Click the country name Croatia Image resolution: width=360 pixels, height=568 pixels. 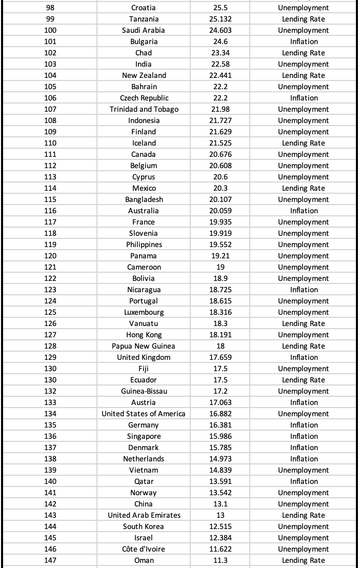(144, 8)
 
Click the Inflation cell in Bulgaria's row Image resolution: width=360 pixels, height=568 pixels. (304, 42)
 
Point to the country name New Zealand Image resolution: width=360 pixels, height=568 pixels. (144, 75)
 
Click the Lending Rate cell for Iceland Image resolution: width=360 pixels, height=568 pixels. (304, 143)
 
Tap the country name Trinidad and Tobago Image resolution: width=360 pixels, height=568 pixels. (144, 109)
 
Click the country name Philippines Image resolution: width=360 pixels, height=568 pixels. (144, 245)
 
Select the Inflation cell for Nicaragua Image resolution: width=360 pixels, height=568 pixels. (304, 290)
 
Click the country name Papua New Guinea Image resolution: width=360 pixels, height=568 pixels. (144, 346)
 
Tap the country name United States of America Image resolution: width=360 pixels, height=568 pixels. (144, 414)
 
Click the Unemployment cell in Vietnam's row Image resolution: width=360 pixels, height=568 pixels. (304, 470)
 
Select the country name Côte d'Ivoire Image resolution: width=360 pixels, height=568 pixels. (144, 549)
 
